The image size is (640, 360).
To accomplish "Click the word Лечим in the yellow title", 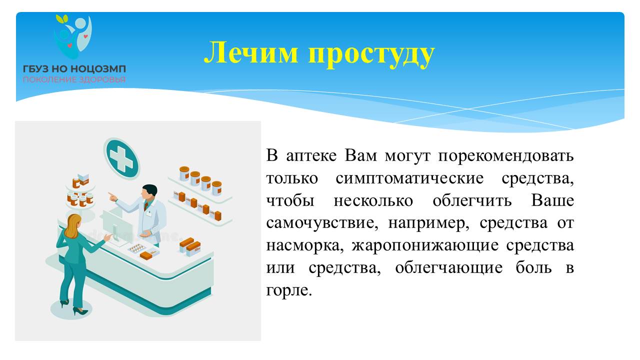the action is [251, 52].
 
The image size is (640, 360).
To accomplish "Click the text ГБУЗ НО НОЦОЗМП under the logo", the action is [74, 69].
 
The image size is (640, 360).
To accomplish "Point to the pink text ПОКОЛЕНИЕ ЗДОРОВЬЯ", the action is [74, 79].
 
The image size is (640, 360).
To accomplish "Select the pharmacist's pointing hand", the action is [112, 196].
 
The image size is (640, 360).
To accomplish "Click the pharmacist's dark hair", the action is [150, 189].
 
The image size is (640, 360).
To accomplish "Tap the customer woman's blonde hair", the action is [73, 225].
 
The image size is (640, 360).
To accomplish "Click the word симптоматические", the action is [409, 179].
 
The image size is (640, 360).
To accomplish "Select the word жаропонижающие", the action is [425, 245].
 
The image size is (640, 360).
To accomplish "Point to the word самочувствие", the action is [322, 223].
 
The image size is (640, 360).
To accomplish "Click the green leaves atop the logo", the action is [61, 19].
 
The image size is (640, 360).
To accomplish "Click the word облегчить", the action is [472, 201].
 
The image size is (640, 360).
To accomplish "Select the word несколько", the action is [373, 201].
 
